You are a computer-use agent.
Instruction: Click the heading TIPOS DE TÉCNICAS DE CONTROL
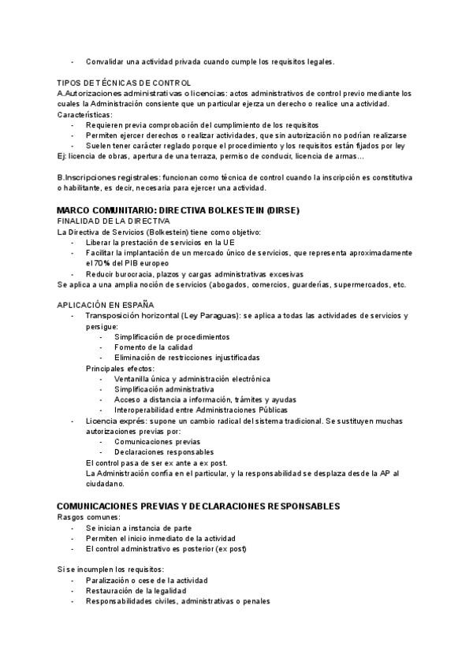pos(124,83)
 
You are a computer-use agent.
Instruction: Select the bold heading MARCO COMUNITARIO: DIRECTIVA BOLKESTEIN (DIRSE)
pos(178,212)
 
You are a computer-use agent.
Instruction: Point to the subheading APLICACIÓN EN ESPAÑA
pos(106,305)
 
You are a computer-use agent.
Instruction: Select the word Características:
pos(85,115)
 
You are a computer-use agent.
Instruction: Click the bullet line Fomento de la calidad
pos(154,347)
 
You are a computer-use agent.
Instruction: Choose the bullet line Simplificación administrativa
pos(164,389)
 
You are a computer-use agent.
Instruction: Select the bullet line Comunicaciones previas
pos(157,442)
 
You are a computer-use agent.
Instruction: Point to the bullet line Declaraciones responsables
pos(164,452)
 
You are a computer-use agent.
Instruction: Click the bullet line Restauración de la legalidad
pos(136,590)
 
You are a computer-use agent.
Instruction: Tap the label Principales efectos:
pos(120,368)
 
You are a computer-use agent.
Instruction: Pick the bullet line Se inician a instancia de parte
pos(139,528)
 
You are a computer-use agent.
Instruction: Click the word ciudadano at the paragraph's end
pos(107,484)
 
